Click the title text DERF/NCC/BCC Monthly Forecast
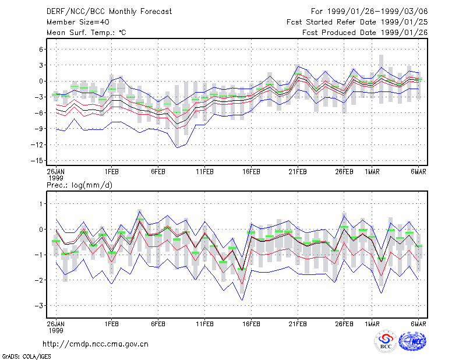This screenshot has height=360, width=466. coord(109,12)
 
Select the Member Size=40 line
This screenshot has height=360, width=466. coord(78,22)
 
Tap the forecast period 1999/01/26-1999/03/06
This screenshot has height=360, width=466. coord(377,12)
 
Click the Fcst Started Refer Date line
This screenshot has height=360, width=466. coord(357,22)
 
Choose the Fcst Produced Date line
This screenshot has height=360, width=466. coord(365,33)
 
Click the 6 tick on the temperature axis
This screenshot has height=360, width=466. coord(41,50)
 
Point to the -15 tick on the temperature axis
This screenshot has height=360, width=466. coord(37,161)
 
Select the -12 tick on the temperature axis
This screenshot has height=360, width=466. coord(37,145)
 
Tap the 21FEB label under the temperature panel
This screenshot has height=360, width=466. coord(298,172)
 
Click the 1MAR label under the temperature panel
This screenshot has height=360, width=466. coord(372,172)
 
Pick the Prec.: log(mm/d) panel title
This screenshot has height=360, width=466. coord(79,185)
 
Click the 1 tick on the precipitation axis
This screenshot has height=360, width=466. coord(41,204)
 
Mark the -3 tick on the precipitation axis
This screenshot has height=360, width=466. coord(39,306)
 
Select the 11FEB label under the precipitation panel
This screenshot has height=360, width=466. coord(204,324)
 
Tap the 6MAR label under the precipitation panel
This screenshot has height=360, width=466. coord(418,324)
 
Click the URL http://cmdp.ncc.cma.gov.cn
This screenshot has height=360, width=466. coord(96,344)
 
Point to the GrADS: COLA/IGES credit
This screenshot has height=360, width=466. coord(26,357)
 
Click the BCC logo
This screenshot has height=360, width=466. coord(386,341)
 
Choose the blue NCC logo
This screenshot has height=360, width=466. coord(412,341)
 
